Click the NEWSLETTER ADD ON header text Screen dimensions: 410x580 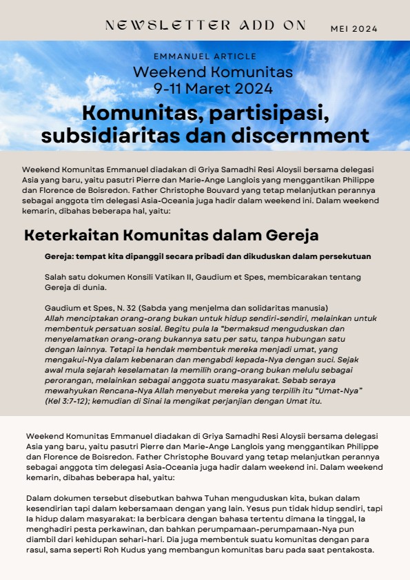(x=205, y=26)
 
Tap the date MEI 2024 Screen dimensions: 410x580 (x=353, y=29)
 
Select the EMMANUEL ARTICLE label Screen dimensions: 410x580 (x=205, y=56)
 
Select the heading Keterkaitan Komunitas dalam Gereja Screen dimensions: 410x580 (x=171, y=235)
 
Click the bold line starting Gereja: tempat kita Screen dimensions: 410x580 (x=207, y=256)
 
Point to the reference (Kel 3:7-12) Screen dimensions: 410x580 (x=68, y=402)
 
